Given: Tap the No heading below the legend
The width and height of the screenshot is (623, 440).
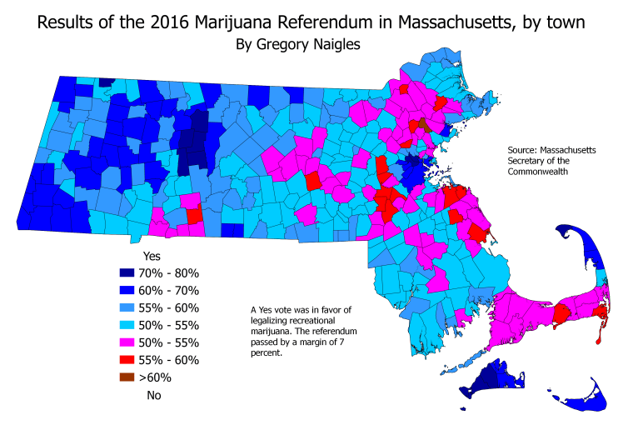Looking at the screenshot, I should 153,395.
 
